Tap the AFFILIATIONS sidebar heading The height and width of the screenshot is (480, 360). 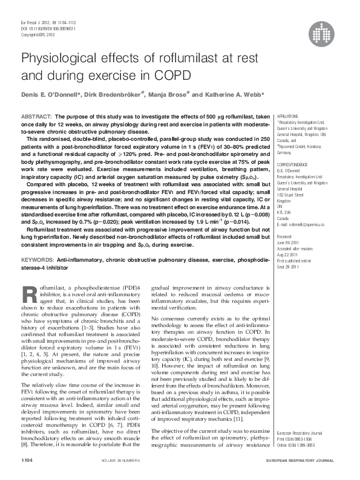click(287, 115)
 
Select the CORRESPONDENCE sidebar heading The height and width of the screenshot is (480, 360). click(292, 164)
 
